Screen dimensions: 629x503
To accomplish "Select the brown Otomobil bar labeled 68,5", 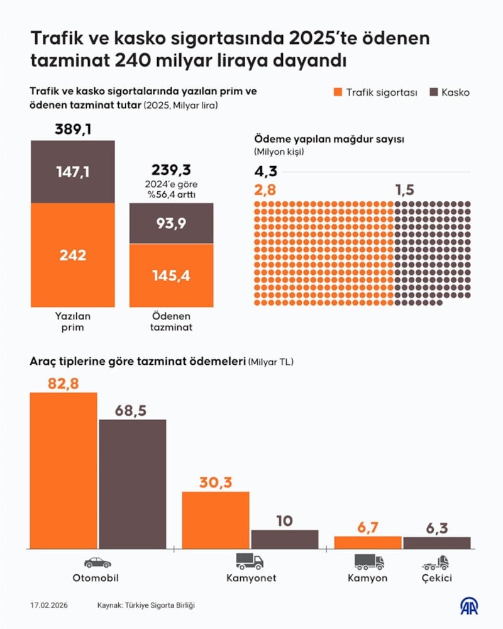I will click(132, 484).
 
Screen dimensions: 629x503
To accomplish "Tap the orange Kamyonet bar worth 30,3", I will click(216, 520).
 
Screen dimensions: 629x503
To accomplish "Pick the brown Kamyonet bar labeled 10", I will click(285, 539).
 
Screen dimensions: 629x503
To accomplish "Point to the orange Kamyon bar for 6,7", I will click(368, 542).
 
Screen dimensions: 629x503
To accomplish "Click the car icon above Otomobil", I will click(97, 562).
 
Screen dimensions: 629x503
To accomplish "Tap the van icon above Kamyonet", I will click(250, 562).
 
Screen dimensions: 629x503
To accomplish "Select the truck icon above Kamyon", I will click(368, 562).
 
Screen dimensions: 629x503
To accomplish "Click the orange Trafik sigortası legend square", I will click(337, 92).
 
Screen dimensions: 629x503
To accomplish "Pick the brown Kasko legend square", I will click(433, 92).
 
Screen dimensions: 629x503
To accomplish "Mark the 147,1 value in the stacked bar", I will click(74, 172).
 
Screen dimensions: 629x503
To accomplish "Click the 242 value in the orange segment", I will click(74, 255).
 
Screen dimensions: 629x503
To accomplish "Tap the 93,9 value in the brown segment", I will click(171, 223).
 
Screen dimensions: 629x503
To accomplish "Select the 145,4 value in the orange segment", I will click(171, 276).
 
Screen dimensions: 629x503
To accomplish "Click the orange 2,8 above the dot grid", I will click(265, 190).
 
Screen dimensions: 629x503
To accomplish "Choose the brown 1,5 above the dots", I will click(406, 190).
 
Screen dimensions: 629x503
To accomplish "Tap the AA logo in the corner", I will click(468, 606).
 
